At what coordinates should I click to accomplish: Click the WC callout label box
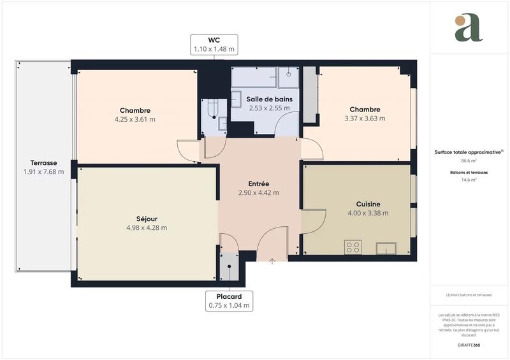214,44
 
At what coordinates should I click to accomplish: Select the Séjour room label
147,219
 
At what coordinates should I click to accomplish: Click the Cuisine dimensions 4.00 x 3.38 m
368,213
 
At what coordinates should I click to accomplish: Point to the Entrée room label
258,184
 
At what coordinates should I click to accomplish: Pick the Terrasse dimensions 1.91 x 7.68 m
43,171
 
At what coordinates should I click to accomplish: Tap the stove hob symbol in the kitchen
353,247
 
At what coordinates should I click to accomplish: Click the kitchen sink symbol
386,247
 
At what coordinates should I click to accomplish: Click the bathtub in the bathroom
253,77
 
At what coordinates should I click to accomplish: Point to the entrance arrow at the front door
272,260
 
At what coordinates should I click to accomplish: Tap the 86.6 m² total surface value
469,161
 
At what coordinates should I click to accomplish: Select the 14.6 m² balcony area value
469,180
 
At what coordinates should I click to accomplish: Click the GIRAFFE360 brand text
469,343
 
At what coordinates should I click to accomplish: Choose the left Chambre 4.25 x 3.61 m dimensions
135,119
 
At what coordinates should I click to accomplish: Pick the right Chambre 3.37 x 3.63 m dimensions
365,118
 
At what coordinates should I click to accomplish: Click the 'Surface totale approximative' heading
469,152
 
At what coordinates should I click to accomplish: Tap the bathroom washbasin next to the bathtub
289,76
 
